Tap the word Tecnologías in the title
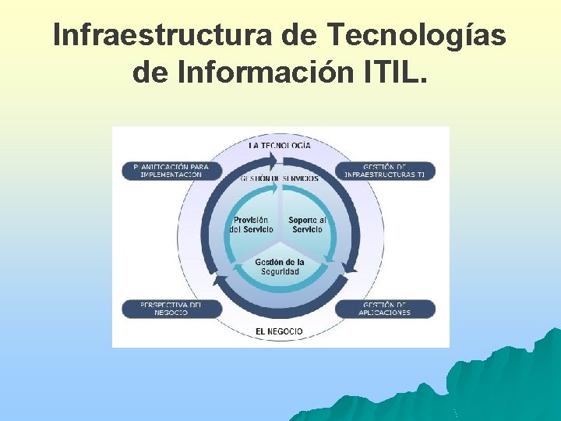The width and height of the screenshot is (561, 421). click(x=417, y=35)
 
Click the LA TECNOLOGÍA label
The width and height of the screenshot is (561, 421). click(x=280, y=145)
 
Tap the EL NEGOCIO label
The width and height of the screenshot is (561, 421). click(x=280, y=331)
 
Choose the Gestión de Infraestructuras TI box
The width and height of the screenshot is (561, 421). click(x=386, y=171)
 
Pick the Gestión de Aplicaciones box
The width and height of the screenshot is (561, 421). click(x=386, y=309)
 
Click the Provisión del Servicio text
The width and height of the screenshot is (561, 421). click(x=252, y=225)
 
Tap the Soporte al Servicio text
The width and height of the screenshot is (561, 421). click(x=307, y=225)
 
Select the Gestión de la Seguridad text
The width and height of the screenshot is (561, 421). click(x=280, y=267)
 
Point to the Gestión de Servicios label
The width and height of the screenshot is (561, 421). click(x=280, y=179)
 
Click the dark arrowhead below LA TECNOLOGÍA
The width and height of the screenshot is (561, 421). click(x=271, y=161)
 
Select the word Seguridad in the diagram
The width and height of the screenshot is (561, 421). click(x=280, y=271)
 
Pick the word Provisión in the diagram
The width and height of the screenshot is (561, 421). click(x=252, y=220)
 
